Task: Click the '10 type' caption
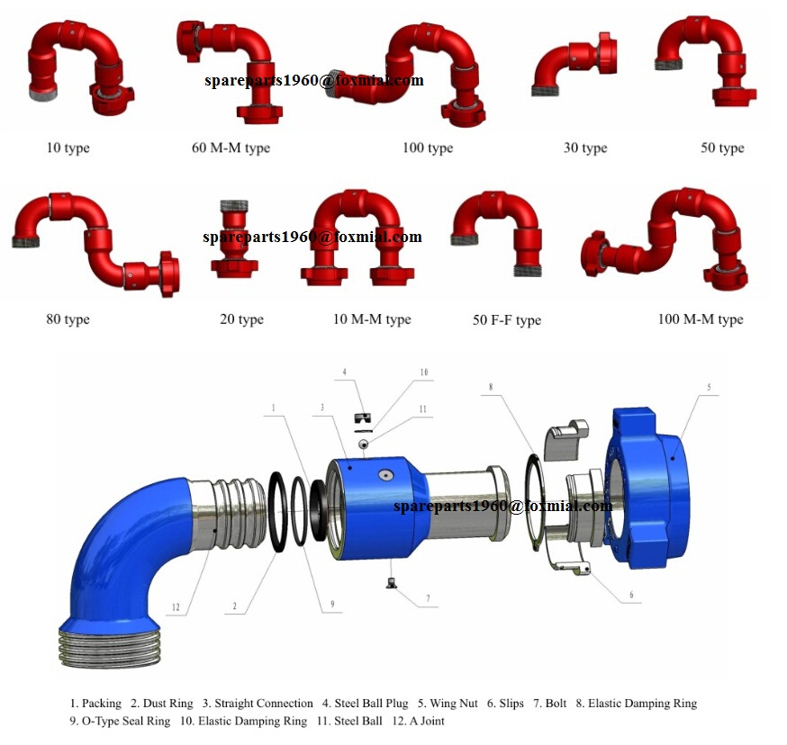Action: click(x=68, y=148)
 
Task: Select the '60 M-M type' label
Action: click(x=231, y=148)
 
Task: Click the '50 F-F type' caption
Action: click(x=507, y=320)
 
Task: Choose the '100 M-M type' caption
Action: click(x=700, y=319)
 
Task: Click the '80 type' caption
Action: click(x=68, y=319)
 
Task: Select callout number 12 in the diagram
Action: click(x=175, y=608)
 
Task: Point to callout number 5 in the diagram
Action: click(x=709, y=388)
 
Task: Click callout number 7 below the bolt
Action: click(x=428, y=597)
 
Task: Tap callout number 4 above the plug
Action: click(x=344, y=371)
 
